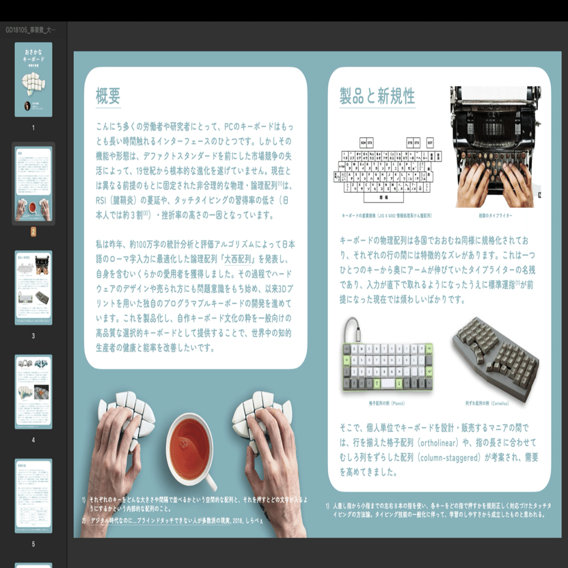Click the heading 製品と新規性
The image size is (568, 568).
pyautogui.click(x=377, y=96)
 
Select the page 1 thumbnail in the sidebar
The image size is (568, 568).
pyautogui.click(x=33, y=79)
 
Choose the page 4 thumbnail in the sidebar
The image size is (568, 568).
pyautogui.click(x=33, y=392)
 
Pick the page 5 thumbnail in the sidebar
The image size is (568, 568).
pyautogui.click(x=33, y=496)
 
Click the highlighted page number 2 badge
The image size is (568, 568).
pyautogui.click(x=33, y=232)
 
